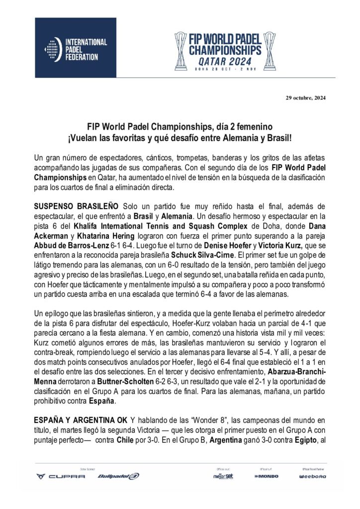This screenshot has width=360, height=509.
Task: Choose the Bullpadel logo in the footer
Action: pyautogui.click(x=118, y=476)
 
